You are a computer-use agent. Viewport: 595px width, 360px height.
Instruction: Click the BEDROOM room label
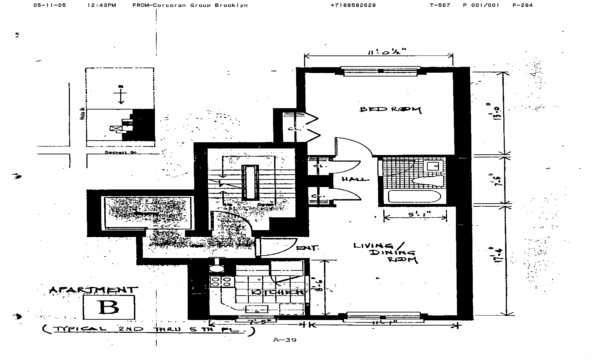(x=390, y=110)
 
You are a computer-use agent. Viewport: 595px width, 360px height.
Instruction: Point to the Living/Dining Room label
(x=386, y=253)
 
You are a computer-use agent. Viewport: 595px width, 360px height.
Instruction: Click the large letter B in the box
(x=108, y=307)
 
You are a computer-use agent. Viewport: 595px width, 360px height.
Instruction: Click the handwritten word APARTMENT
(x=93, y=290)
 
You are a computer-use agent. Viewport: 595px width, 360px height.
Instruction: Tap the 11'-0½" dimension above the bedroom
(x=387, y=52)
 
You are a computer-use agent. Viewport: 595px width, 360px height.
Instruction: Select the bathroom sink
(x=433, y=166)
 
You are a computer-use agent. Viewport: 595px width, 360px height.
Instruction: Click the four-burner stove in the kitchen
(x=220, y=282)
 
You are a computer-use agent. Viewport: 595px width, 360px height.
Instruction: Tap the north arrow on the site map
(x=121, y=94)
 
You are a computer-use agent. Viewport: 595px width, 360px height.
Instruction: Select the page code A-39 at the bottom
(x=284, y=340)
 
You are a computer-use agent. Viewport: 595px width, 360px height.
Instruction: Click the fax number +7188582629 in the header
(x=353, y=5)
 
